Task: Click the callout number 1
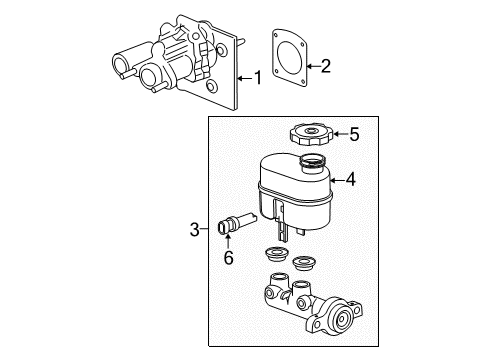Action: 259,76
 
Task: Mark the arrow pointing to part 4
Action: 336,181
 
